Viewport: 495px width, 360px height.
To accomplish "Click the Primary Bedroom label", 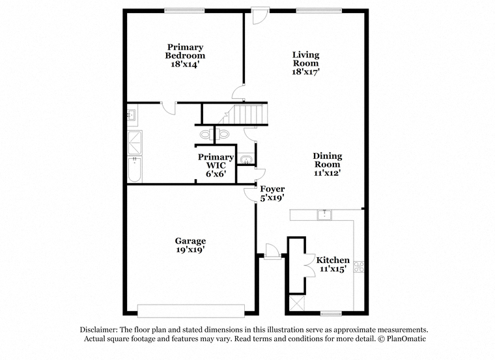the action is pyautogui.click(x=185, y=51).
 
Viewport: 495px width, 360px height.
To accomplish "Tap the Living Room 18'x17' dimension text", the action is pyautogui.click(x=306, y=72).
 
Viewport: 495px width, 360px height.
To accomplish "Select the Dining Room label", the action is pyautogui.click(x=328, y=160).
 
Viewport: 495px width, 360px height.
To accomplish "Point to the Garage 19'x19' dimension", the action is pyautogui.click(x=190, y=249).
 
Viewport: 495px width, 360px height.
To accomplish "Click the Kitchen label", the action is pyautogui.click(x=333, y=260).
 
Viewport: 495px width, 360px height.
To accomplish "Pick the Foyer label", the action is pyautogui.click(x=272, y=189).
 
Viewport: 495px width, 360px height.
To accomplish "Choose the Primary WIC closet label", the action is pyautogui.click(x=216, y=161).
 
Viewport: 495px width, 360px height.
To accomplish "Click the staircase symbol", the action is pyautogui.click(x=242, y=114).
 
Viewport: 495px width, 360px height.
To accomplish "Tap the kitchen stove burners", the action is pyautogui.click(x=359, y=267).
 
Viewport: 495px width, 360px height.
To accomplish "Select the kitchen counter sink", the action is pyautogui.click(x=324, y=215).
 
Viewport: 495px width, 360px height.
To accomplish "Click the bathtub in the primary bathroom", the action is pyautogui.click(x=135, y=169).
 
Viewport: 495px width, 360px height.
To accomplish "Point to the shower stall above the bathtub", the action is pyautogui.click(x=135, y=143).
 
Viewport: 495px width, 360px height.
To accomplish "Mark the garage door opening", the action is pyautogui.click(x=191, y=310).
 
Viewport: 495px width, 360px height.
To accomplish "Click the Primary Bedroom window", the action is pyautogui.click(x=184, y=10).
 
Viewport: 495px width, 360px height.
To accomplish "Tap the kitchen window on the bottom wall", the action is pyautogui.click(x=331, y=313).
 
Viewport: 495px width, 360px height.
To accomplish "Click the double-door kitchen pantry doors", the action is pyautogui.click(x=309, y=266).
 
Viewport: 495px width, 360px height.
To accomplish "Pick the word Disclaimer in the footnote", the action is pyautogui.click(x=99, y=329).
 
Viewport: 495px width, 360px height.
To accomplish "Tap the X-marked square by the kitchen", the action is pyautogui.click(x=297, y=303).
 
